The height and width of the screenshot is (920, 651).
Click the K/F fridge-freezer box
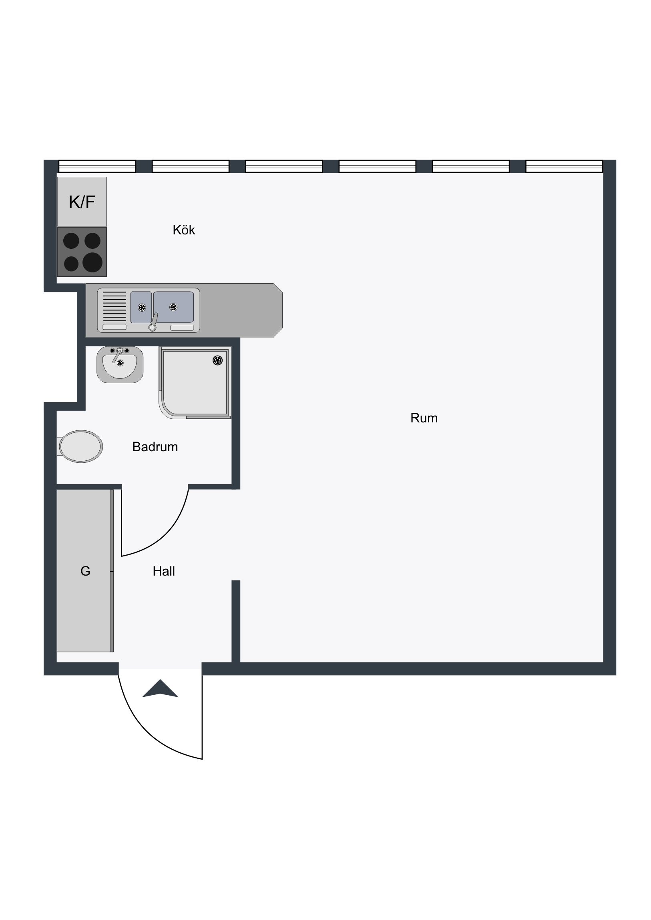(82, 202)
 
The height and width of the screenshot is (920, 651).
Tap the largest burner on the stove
(92, 262)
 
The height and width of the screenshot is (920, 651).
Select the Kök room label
(184, 230)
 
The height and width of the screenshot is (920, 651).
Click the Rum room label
(424, 418)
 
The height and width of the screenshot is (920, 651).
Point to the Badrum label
(155, 447)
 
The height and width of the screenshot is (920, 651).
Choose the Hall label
(164, 571)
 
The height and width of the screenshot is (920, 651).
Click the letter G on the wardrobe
(85, 571)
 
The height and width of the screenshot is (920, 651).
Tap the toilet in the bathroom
(80, 446)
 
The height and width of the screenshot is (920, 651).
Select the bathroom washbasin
(120, 365)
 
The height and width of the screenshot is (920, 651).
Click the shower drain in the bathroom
(217, 361)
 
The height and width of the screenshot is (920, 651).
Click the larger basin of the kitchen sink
(173, 307)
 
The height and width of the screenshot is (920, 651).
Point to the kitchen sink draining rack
(115, 307)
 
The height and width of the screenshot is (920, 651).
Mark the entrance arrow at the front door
(160, 688)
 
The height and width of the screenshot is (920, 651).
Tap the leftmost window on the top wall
(97, 166)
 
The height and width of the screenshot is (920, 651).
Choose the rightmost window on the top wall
(564, 166)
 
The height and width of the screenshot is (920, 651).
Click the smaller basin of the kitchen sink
(141, 307)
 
